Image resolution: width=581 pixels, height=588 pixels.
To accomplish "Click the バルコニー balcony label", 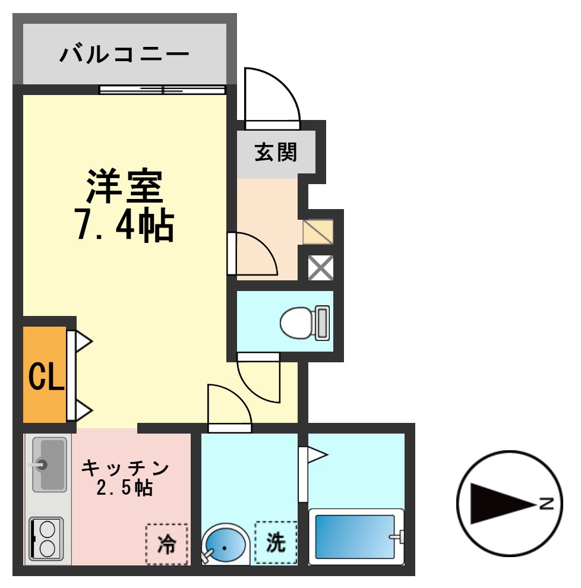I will pyautogui.click(x=124, y=55).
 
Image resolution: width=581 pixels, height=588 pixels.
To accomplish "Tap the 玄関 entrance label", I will pyautogui.click(x=276, y=153).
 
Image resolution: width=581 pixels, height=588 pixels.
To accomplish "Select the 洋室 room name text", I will pyautogui.click(x=124, y=186).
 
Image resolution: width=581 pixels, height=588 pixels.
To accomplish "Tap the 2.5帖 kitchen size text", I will pyautogui.click(x=125, y=488).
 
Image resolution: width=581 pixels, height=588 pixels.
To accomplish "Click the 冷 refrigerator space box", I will pyautogui.click(x=167, y=543).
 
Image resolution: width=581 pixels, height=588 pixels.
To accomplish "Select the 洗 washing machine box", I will pyautogui.click(x=276, y=542).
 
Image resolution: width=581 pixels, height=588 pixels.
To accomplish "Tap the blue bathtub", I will pyautogui.click(x=355, y=536).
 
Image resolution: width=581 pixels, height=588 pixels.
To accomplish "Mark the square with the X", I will pyautogui.click(x=320, y=268).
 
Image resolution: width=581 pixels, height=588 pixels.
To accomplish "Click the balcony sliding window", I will pyautogui.click(x=162, y=90).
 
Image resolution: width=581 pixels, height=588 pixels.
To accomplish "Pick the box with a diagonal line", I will pyautogui.click(x=318, y=232).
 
